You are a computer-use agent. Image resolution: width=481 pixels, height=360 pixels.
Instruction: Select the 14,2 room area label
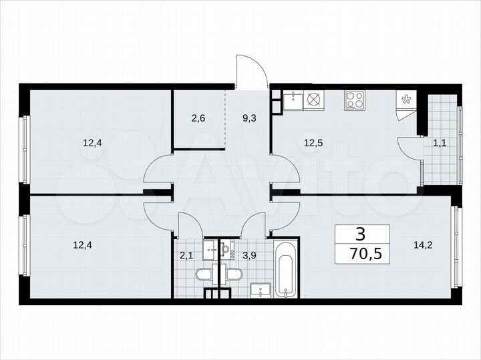click(x=424, y=244)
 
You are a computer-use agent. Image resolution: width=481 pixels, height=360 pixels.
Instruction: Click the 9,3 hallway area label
click(x=249, y=118)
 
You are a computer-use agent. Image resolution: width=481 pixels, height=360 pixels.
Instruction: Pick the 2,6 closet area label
click(x=198, y=118)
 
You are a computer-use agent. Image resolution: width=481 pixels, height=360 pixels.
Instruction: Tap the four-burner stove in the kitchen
click(x=355, y=102)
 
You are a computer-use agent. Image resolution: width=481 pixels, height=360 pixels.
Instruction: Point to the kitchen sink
click(x=293, y=102)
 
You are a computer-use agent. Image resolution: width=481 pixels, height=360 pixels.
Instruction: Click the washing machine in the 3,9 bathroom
click(x=227, y=248)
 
